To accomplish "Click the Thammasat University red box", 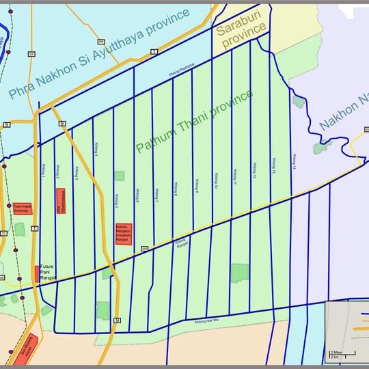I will pyautogui.click(x=20, y=209).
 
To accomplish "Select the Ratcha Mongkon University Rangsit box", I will pyautogui.click(x=124, y=233).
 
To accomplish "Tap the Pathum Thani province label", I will pyautogui.click(x=195, y=121).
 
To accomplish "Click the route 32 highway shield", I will pyautogui.click(x=31, y=53).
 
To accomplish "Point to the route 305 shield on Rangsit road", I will pyautogui.click(x=144, y=249).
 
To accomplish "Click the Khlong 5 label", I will pyautogui.click(x=117, y=199).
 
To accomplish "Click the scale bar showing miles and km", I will pyautogui.click(x=342, y=353).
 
